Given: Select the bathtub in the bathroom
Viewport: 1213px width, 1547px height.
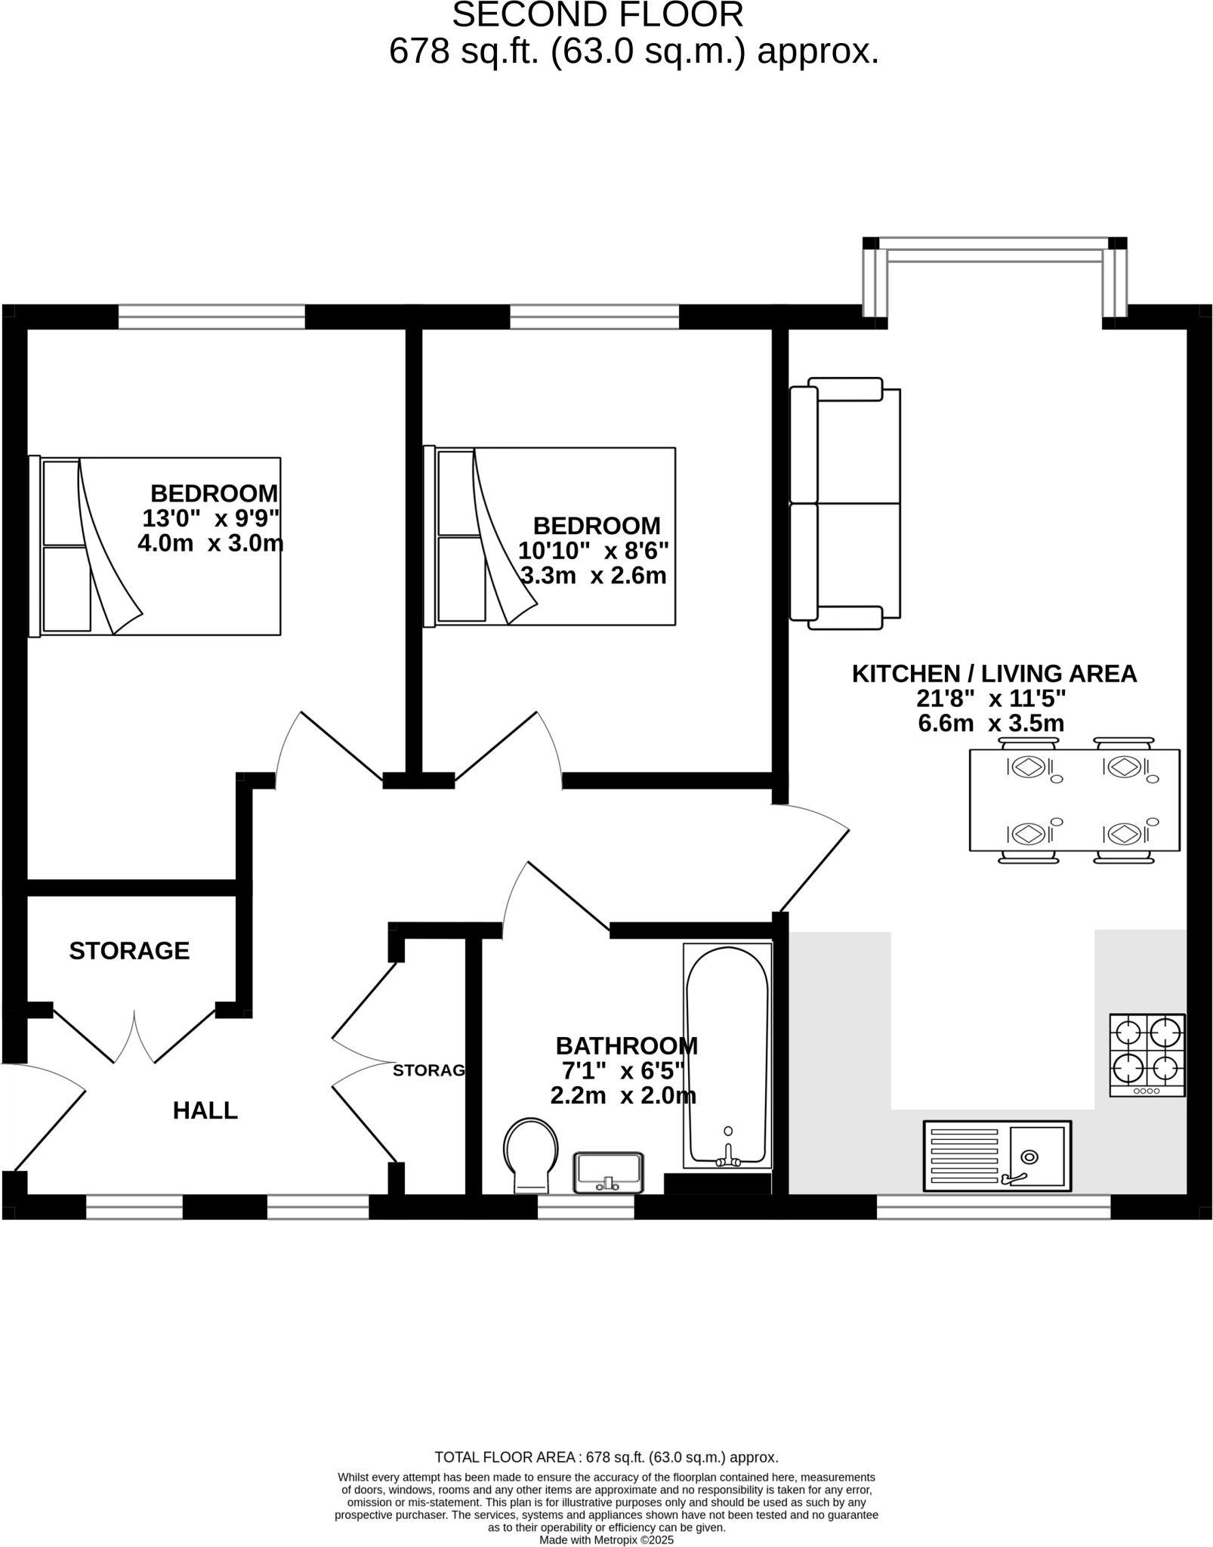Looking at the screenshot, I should click(727, 1054).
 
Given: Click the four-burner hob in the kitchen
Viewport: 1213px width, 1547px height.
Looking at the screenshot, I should click(1147, 1054).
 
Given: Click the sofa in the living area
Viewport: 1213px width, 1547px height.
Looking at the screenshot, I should click(845, 504).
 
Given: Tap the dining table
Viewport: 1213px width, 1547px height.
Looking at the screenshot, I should click(1074, 800).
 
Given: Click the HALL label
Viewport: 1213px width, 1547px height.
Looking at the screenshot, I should click(205, 1110).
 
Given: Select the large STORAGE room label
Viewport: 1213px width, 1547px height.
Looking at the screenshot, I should click(129, 950).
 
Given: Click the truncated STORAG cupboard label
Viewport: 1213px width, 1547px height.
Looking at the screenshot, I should click(428, 1070).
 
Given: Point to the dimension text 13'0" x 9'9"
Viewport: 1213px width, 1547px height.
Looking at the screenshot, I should click(211, 518).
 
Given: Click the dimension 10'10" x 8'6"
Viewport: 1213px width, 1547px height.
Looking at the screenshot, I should click(593, 551).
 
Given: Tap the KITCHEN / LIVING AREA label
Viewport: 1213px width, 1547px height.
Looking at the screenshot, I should click(994, 674).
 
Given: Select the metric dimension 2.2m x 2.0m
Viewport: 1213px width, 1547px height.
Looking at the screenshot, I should click(623, 1096).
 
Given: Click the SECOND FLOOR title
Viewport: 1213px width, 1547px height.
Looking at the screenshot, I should click(597, 15).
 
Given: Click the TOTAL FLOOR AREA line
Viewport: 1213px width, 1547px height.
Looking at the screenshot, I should click(606, 1457).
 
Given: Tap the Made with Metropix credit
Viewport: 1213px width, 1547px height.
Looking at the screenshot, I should click(606, 1539).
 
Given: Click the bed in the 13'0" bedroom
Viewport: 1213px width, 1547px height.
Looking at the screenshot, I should click(155, 546).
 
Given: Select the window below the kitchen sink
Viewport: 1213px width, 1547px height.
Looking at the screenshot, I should click(993, 1206).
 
